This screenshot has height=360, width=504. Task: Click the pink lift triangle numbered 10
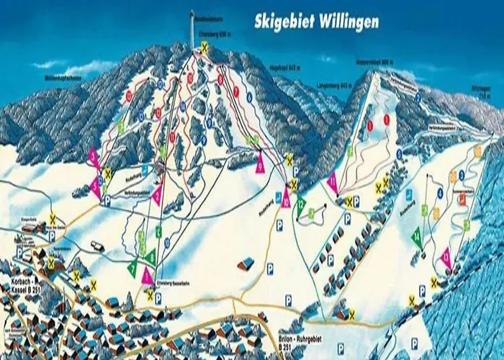(286, 199)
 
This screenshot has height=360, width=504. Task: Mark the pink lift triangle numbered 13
(446, 257)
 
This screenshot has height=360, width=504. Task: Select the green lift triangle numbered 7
(132, 267)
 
